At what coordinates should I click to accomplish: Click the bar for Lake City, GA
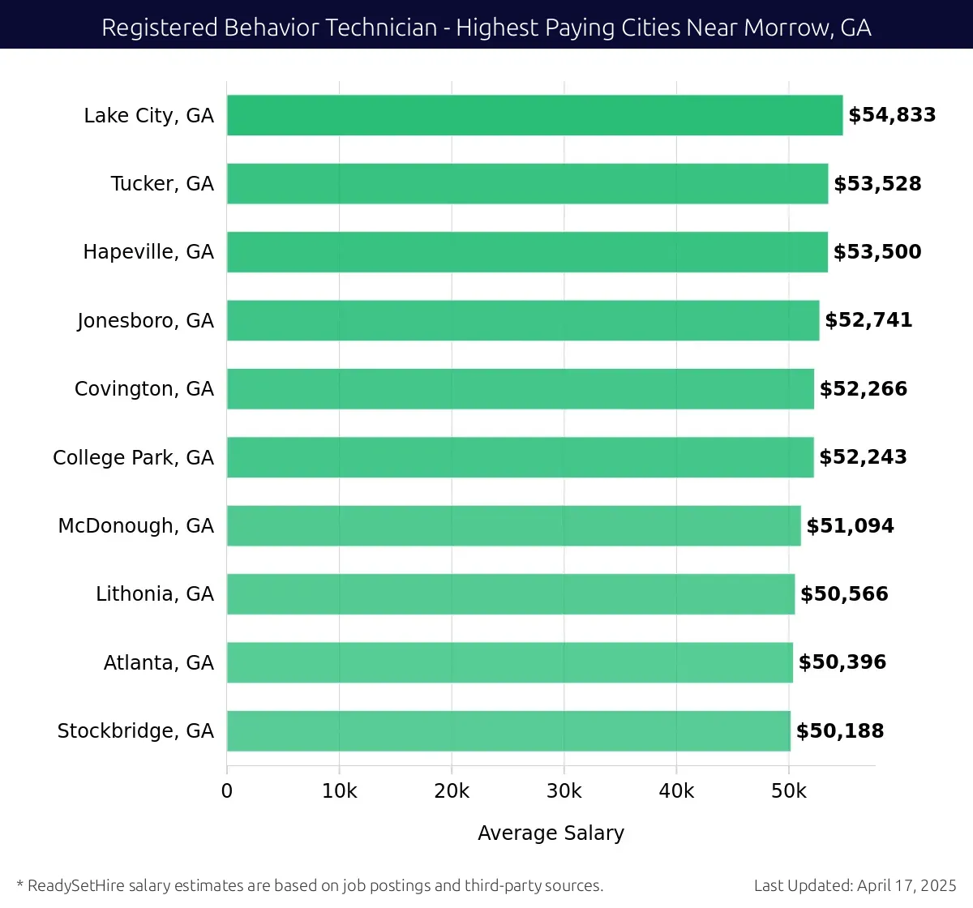pos(534,115)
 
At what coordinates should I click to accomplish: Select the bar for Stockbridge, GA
pos(508,730)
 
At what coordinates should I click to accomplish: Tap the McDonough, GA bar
pos(513,525)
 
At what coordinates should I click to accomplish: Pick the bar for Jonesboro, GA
pos(523,320)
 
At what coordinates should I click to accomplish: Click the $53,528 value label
pos(877,184)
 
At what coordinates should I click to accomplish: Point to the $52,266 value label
pos(863,389)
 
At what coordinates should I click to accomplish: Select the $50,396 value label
pos(842,662)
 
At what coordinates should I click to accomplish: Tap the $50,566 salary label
pos(844,594)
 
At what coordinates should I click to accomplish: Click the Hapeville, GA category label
pos(148,252)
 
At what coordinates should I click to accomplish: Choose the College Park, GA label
pos(133,458)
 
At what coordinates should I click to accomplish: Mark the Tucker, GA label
pos(162,184)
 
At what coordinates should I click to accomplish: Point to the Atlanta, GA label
pos(158,663)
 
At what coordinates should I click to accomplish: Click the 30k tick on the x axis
pos(564,791)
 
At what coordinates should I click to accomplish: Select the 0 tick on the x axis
pos(227,791)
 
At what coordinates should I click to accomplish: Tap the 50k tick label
pos(788,791)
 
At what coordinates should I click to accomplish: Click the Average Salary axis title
pos(551,833)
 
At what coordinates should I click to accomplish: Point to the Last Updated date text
pos(855,885)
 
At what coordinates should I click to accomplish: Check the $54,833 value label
pos(892,115)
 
